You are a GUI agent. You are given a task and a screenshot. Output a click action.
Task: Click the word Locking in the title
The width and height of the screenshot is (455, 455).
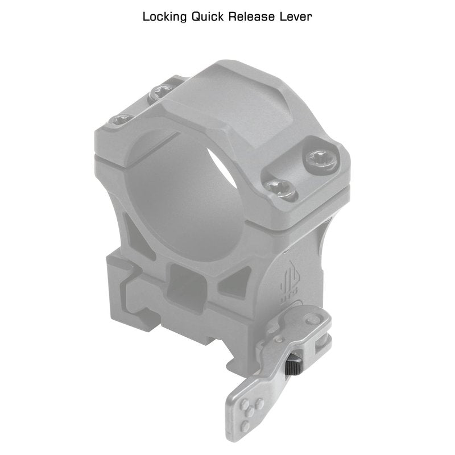(x=164, y=17)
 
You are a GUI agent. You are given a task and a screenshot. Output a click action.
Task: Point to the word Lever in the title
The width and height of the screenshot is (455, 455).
(x=296, y=16)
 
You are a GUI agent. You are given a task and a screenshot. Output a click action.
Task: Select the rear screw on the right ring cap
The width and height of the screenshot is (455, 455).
(x=322, y=160)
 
